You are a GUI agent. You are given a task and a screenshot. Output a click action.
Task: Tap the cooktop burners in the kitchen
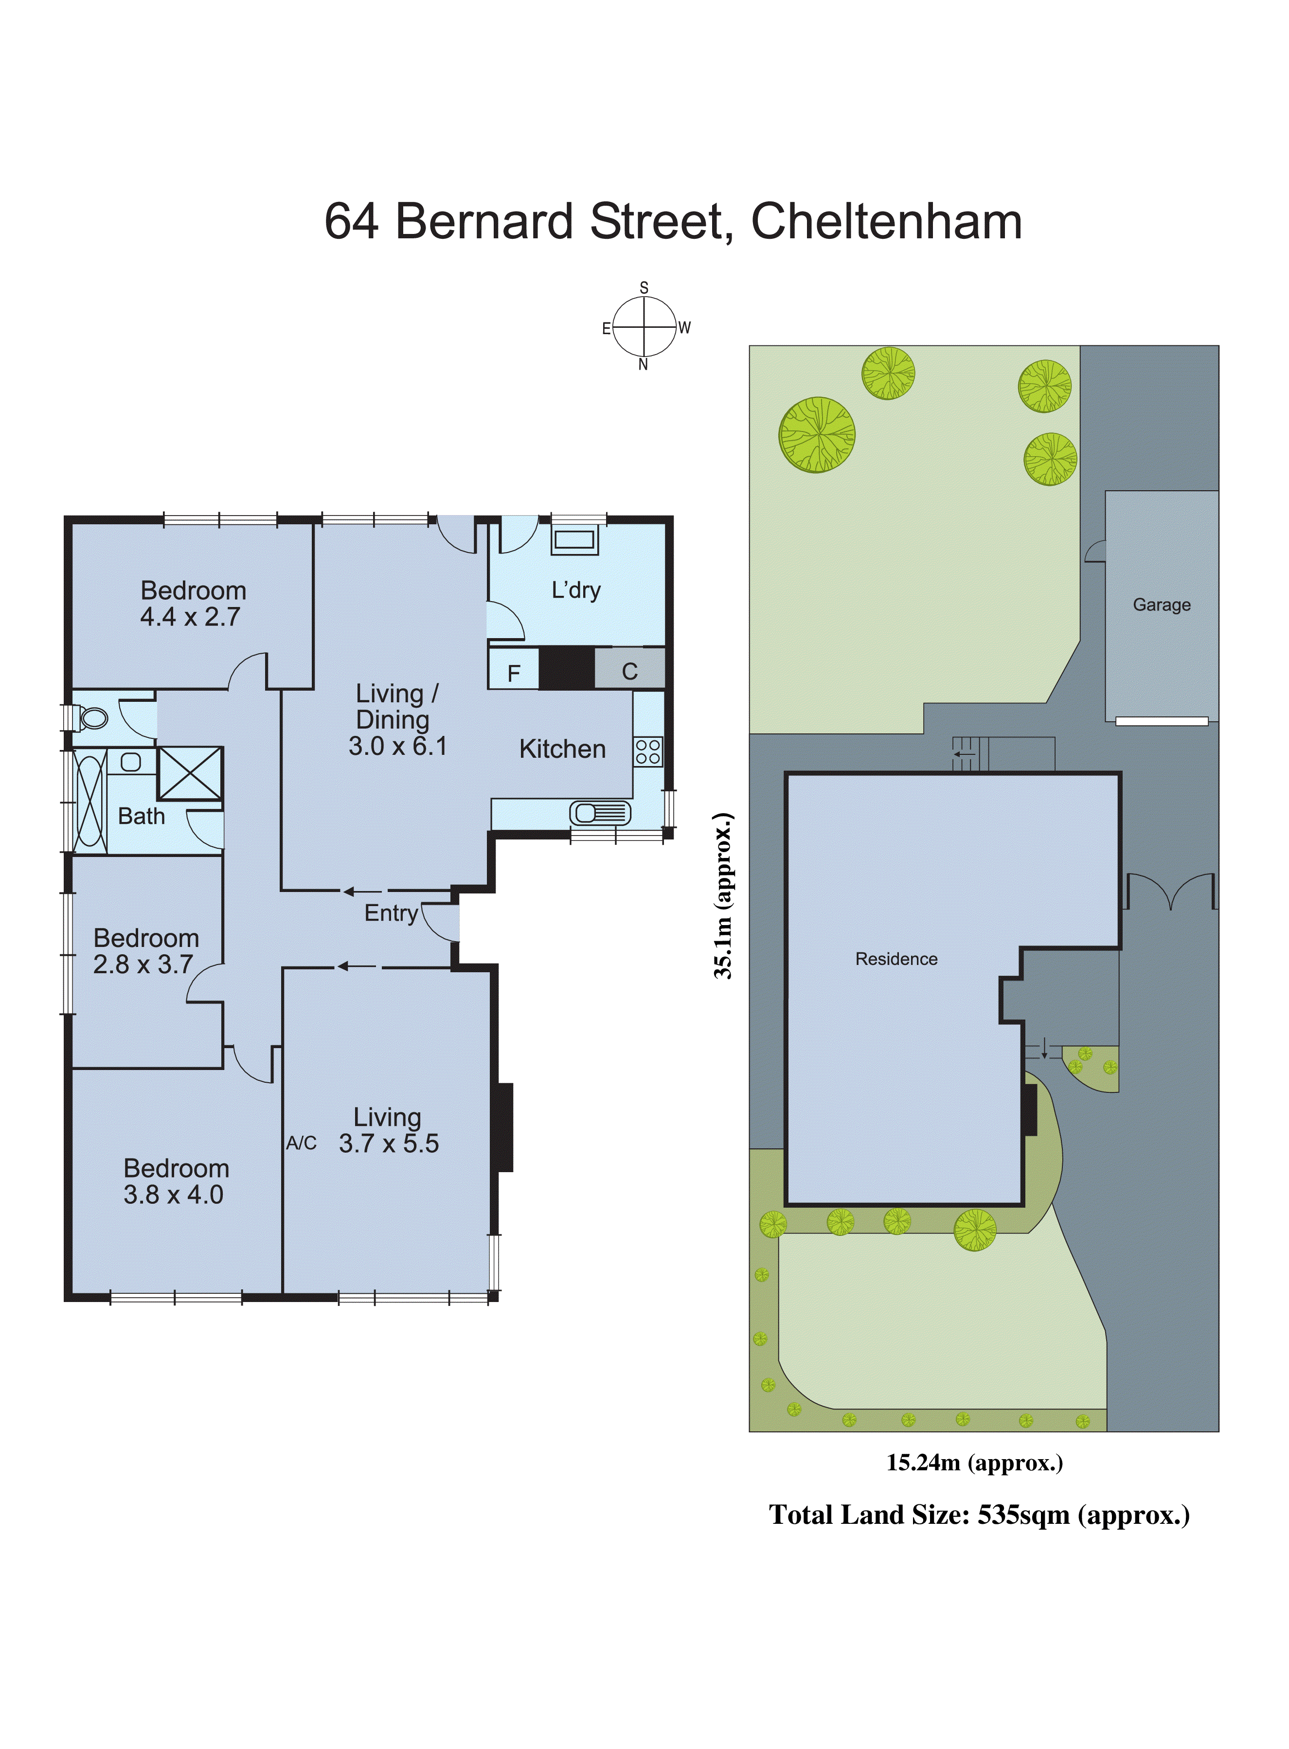[x=647, y=752]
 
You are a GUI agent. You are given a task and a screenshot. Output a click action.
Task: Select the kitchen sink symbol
[x=599, y=813]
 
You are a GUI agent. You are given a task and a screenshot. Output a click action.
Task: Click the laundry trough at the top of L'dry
[x=574, y=539]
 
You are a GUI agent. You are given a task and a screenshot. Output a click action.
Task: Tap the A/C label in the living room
[x=301, y=1143]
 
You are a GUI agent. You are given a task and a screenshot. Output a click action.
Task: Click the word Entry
[x=391, y=913]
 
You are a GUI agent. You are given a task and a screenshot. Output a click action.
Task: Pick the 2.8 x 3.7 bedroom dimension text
[x=143, y=964]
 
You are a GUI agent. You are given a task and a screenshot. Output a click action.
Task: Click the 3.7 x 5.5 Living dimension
[x=389, y=1143]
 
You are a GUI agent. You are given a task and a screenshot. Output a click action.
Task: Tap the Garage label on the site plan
[x=1161, y=605]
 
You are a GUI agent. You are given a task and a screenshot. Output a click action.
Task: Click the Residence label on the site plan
[x=896, y=959]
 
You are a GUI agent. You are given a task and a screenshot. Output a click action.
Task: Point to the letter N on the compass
[x=643, y=364]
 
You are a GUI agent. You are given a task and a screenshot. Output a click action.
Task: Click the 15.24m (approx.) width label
[x=974, y=1462]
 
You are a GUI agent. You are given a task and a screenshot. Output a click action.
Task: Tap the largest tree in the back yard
[x=816, y=434]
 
